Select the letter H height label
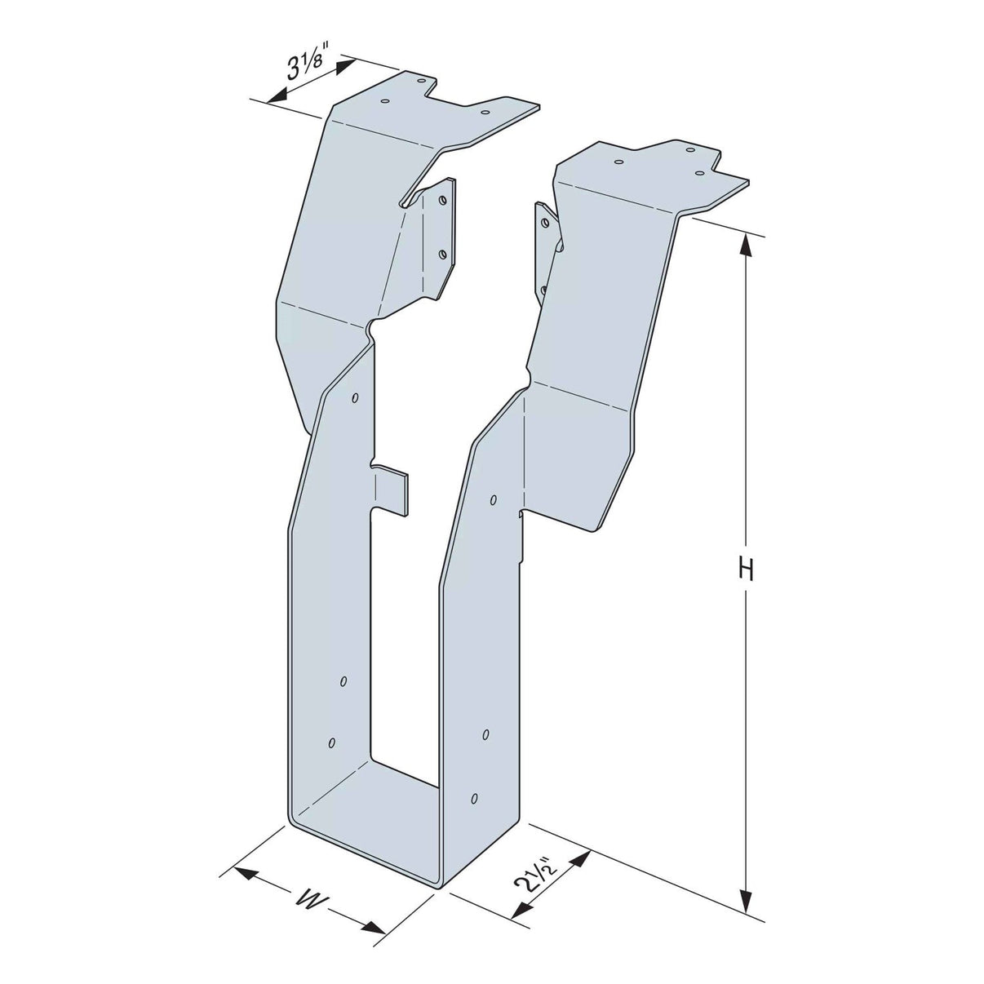pyautogui.click(x=745, y=569)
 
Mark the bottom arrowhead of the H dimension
pyautogui.click(x=745, y=902)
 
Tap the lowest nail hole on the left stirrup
pyautogui.click(x=331, y=742)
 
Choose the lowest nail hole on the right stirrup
pyautogui.click(x=475, y=797)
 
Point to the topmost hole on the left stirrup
pyautogui.click(x=355, y=398)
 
